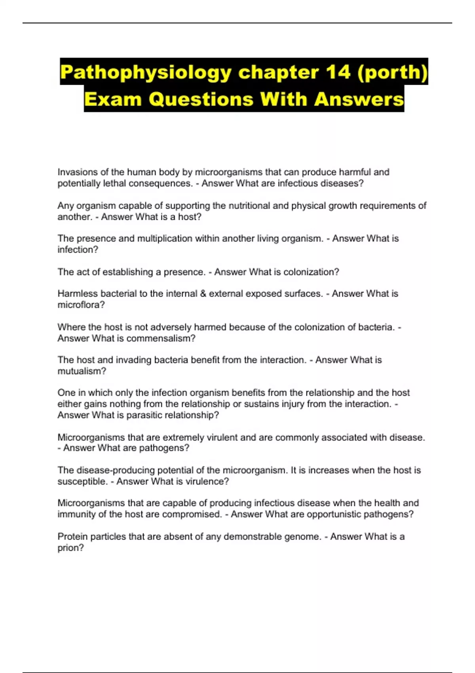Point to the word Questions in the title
201,99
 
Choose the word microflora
81,305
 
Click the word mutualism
82,371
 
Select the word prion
70,548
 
